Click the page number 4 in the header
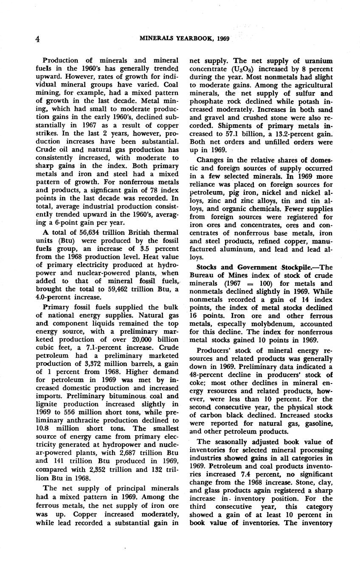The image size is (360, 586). (38, 39)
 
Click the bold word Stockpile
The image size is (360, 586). (298, 267)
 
